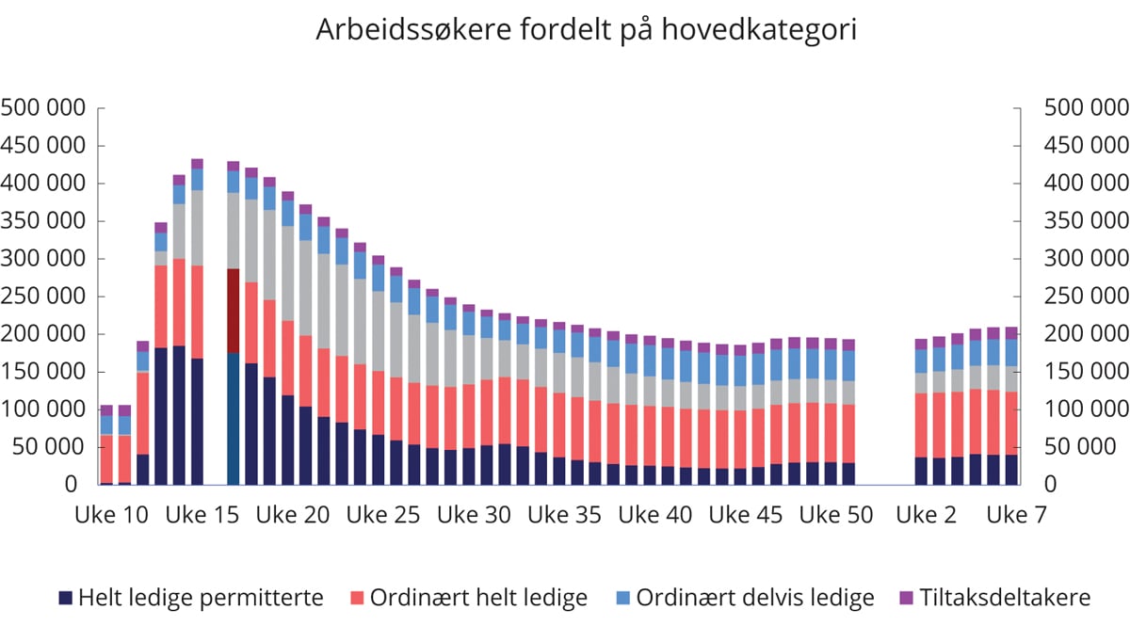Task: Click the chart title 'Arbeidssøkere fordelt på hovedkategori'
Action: point(586,30)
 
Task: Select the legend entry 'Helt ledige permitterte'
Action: point(201,598)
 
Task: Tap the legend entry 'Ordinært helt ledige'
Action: point(477,598)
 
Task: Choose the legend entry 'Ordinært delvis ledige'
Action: point(754,598)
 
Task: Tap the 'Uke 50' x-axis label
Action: point(835,515)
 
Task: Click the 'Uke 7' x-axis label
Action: point(1014,515)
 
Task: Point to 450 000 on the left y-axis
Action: point(45,146)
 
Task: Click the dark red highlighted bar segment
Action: point(234,311)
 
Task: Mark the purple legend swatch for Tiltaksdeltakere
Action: point(908,598)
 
